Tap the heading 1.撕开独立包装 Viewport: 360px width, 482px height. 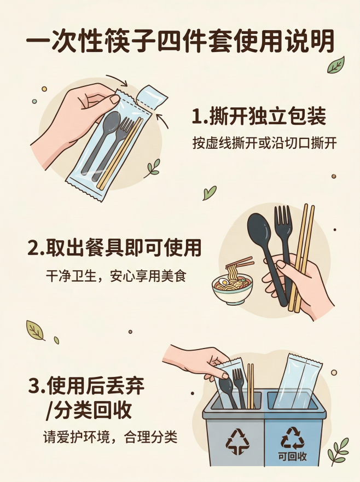[259, 117]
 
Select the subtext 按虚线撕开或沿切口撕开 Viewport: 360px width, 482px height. [264, 143]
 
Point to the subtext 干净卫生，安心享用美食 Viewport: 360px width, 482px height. [115, 275]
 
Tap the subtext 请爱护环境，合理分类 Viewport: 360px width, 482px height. [111, 437]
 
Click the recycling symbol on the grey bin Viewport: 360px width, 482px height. [237, 441]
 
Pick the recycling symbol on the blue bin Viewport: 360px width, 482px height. [292, 437]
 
